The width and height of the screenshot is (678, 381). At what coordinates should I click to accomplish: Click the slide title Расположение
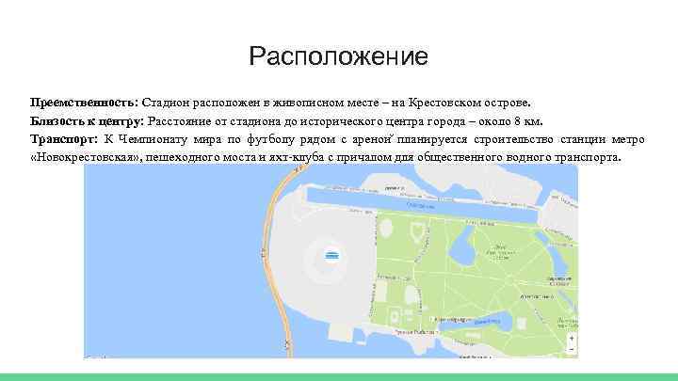pos(338,57)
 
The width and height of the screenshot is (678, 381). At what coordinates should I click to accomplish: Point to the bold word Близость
pos(58,120)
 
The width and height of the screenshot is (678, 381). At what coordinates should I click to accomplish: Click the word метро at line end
pos(627,139)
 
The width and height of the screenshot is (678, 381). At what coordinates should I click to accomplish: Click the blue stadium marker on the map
pos(331,256)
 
